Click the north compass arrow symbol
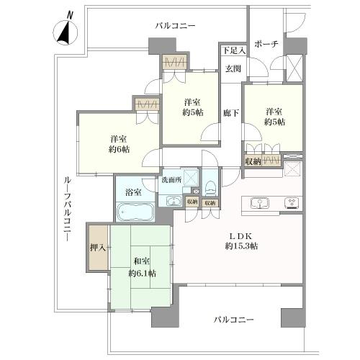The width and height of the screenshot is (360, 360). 66,31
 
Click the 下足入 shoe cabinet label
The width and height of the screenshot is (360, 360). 233,50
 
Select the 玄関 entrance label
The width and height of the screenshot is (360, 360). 232,69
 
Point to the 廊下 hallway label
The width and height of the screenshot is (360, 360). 230,113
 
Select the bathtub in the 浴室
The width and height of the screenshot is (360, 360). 134,213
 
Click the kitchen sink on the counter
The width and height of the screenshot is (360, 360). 259,204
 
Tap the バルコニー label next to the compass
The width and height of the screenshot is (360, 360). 175,26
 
